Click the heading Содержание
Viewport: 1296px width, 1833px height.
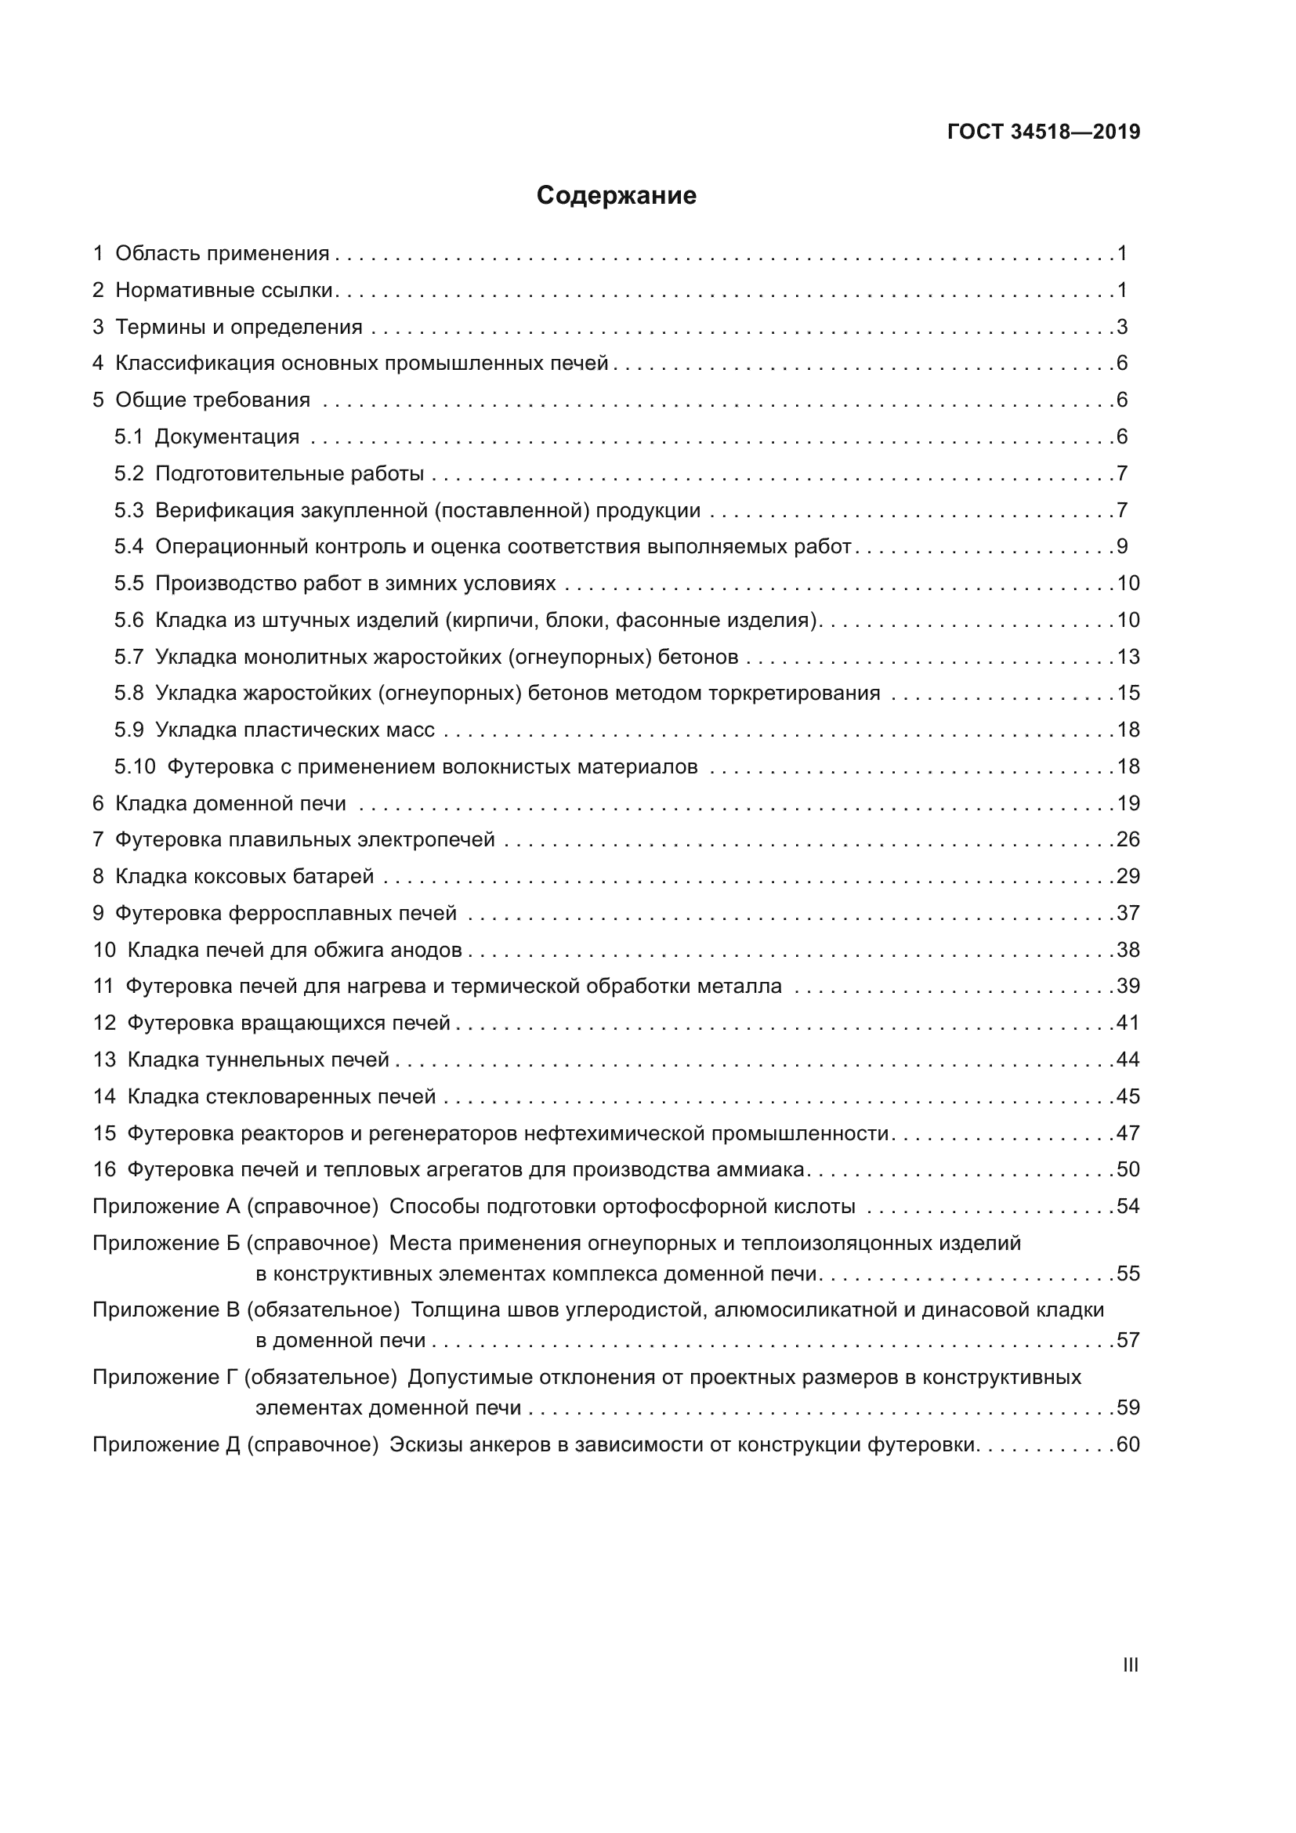[616, 196]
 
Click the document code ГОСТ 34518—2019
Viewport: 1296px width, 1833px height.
[1043, 132]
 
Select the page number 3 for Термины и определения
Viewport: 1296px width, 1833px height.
[1122, 328]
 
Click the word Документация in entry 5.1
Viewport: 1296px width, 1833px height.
[226, 437]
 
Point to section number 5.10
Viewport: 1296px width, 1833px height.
[135, 767]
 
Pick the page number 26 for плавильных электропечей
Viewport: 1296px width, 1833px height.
[1128, 840]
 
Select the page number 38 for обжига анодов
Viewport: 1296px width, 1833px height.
[1128, 950]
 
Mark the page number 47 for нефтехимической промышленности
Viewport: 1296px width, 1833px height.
[1128, 1134]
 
